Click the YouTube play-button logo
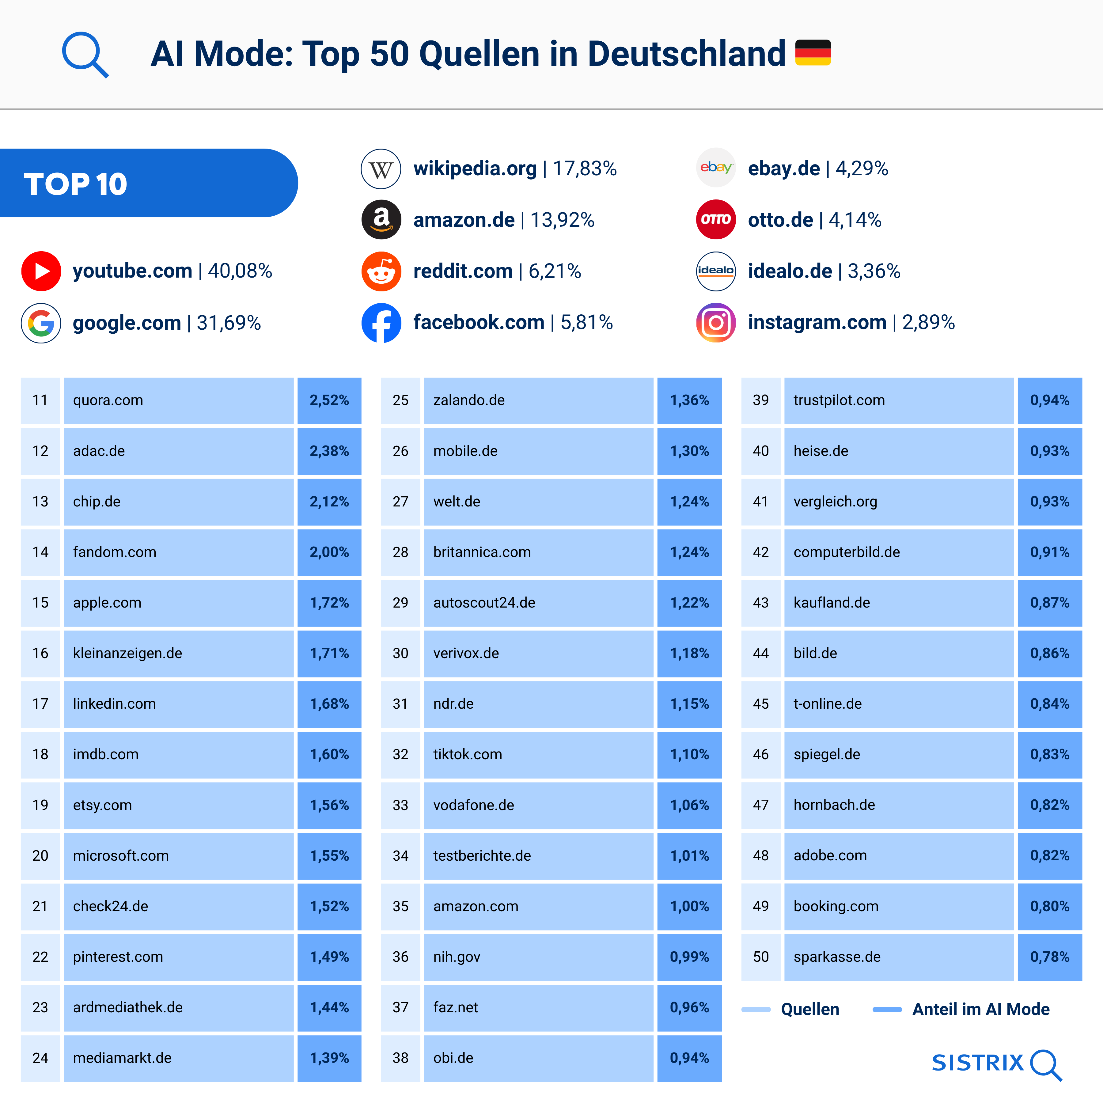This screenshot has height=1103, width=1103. click(x=41, y=271)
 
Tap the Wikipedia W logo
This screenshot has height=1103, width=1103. click(x=381, y=169)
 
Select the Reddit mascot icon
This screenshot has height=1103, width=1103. click(x=381, y=271)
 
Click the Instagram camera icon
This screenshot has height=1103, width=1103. click(x=716, y=323)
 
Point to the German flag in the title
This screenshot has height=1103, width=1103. click(x=813, y=52)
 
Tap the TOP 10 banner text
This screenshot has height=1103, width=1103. click(x=75, y=184)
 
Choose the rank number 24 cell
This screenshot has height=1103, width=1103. click(x=40, y=1058)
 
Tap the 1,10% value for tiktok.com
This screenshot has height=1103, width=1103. click(x=689, y=754)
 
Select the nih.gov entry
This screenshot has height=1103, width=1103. click(x=457, y=957)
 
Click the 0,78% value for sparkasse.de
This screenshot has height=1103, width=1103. click(x=1049, y=957)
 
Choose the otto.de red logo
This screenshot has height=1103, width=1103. click(x=716, y=220)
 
